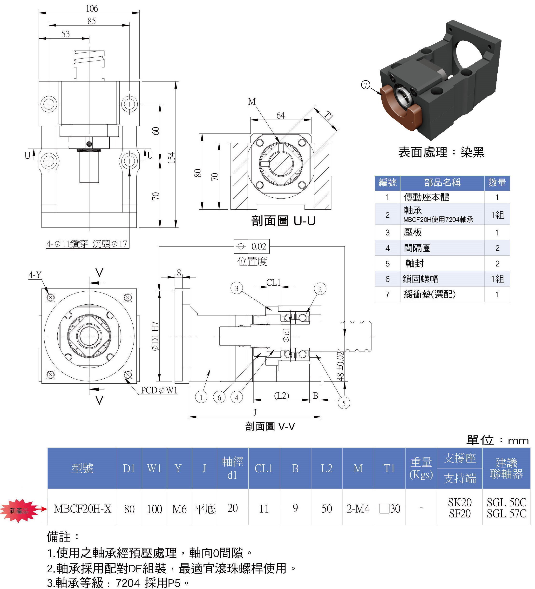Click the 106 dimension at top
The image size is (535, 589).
coord(92,8)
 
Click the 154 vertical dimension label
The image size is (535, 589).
coord(172,157)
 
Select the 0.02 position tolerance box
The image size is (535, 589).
coord(251,246)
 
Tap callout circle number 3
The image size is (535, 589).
coord(237,289)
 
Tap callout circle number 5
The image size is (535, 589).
coord(344,403)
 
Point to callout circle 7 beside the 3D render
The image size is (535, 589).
coord(366,85)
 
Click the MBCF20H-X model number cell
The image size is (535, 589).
coord(82,509)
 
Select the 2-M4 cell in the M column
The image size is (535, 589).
coord(358,509)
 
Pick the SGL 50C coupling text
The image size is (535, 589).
coord(506,502)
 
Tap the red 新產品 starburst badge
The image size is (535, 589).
coord(19,510)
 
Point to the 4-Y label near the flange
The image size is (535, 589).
coord(35,275)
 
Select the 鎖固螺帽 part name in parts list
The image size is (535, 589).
coord(420,279)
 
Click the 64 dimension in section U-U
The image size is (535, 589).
coord(280,116)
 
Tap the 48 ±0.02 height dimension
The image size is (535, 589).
coord(340,366)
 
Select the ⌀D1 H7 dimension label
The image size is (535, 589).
coord(155,336)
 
